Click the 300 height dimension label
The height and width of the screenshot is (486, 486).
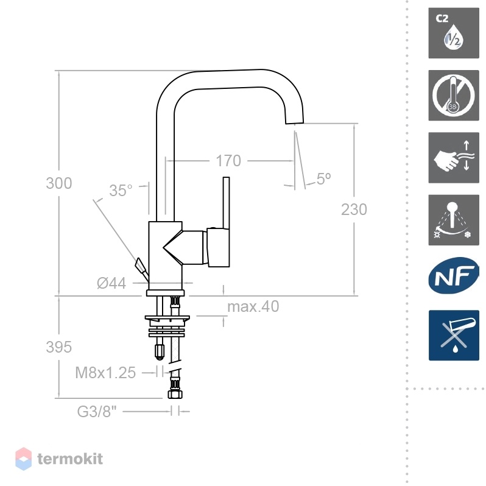coord(59,183)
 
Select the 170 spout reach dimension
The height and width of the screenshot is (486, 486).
coord(228,161)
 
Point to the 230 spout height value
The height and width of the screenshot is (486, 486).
coord(354,210)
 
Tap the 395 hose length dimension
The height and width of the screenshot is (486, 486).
coord(59,347)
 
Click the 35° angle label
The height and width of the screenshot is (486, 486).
coord(121,190)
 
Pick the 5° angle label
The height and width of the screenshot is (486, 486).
coord(324,178)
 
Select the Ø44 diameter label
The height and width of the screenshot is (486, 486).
coord(111,283)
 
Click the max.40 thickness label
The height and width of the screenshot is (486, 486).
coord(253,306)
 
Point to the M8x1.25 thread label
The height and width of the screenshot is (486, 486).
coord(105,373)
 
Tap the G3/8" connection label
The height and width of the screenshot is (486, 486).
coord(97,412)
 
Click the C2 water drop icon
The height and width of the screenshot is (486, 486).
coord(454,33)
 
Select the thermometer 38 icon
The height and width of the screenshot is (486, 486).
coord(454,96)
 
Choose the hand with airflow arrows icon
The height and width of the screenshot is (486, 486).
coord(454,158)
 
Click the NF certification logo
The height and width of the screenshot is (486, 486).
coord(454,275)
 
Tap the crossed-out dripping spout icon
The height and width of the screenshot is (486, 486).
coord(454,336)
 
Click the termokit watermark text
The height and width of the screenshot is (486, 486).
coord(70,459)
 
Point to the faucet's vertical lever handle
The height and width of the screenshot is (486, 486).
coord(227,203)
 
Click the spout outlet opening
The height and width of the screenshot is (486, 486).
coord(294,123)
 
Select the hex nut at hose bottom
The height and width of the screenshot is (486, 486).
coord(175,394)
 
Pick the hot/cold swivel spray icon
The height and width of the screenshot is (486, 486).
coord(454,220)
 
